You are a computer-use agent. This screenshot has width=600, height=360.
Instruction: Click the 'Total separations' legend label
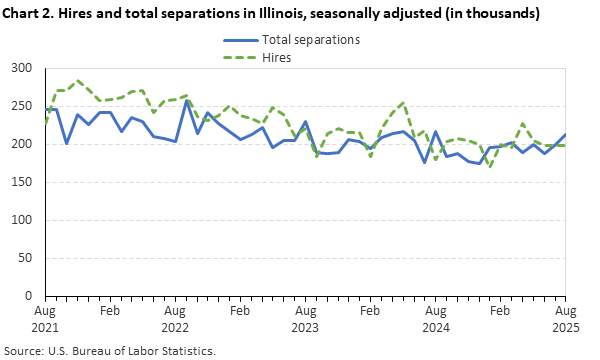click(x=310, y=40)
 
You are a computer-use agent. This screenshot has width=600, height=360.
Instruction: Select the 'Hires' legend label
click(x=277, y=58)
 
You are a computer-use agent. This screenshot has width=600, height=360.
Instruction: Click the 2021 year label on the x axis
click(x=45, y=326)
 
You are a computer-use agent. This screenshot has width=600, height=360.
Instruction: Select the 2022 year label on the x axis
click(x=175, y=326)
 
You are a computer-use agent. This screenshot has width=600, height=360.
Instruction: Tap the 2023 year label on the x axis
click(x=305, y=326)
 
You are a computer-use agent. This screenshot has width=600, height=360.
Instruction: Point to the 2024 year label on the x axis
click(x=435, y=326)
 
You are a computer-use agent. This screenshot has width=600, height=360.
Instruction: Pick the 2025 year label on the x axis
click(x=565, y=326)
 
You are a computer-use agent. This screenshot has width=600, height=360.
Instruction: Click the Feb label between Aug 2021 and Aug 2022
click(x=110, y=311)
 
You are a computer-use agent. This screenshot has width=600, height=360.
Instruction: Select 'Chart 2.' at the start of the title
click(x=29, y=13)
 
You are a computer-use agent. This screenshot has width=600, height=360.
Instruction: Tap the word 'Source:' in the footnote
click(x=25, y=351)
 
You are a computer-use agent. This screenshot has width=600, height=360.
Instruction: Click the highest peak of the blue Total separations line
click(x=186, y=100)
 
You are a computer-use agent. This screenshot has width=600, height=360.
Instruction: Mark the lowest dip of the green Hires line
click(x=490, y=167)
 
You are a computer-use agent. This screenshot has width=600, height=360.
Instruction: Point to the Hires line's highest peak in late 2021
click(x=78, y=81)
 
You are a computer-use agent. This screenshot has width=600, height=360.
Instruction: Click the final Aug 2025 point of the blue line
click(x=565, y=135)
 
